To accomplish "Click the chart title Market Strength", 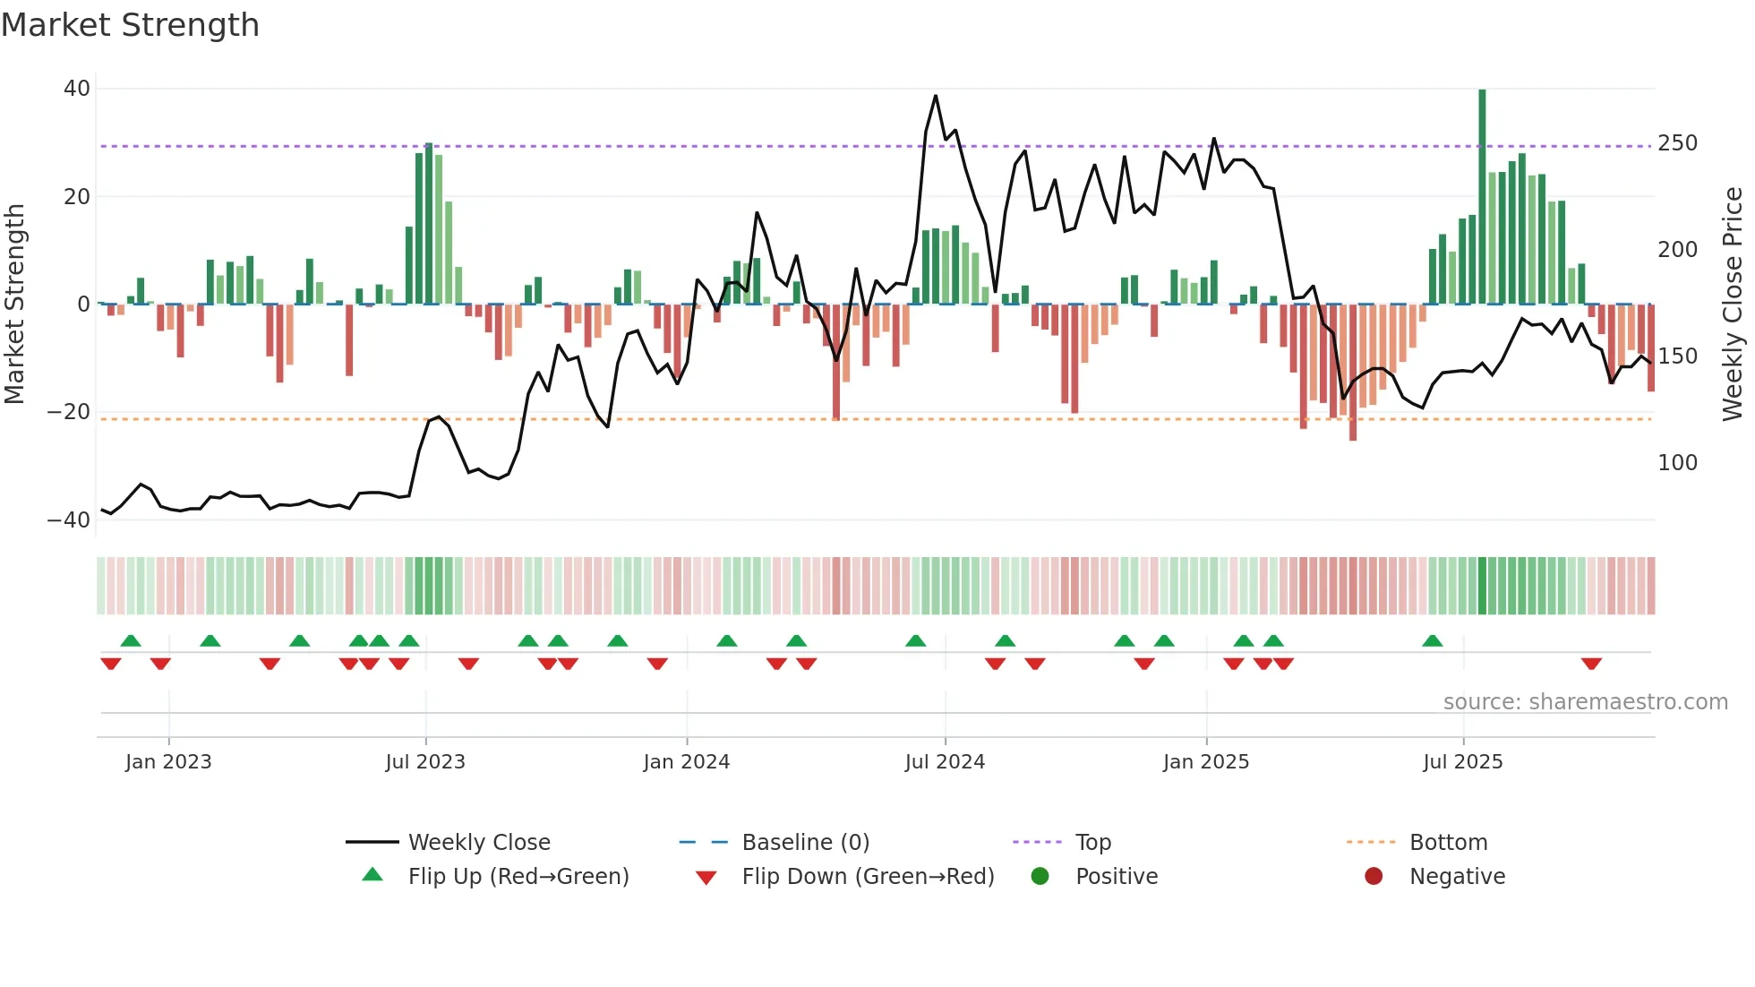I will tap(130, 25).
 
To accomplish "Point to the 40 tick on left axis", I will tap(77, 89).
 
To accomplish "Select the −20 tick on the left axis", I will tap(69, 412).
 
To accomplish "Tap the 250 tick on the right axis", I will tap(1677, 143).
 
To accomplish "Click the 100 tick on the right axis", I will tap(1677, 463).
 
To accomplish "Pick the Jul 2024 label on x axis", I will tap(945, 762).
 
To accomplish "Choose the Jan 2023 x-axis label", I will tap(168, 762).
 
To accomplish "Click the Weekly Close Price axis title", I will tap(1733, 305).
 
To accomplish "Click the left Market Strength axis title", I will tap(14, 305).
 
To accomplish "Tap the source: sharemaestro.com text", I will tap(1585, 702).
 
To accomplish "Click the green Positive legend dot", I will tap(1040, 876).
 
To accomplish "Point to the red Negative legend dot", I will tap(1374, 876).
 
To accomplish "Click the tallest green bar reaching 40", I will tap(1482, 197).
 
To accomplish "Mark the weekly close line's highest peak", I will tap(936, 96).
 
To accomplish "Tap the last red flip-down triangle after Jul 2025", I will tap(1591, 664).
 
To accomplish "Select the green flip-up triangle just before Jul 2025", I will tap(1432, 640).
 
